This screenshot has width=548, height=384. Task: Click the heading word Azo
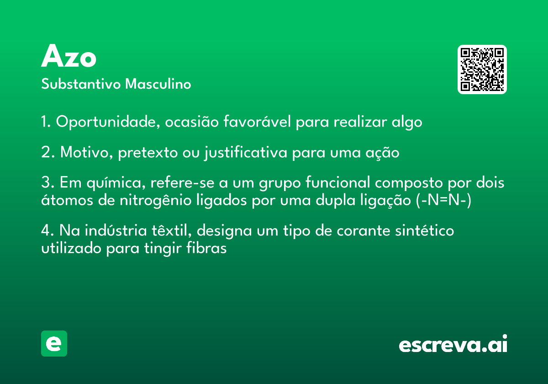pyautogui.click(x=68, y=56)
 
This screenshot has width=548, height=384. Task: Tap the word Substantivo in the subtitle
pyautogui.click(x=81, y=84)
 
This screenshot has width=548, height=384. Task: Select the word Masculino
pyautogui.click(x=158, y=84)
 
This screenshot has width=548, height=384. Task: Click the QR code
pyautogui.click(x=482, y=69)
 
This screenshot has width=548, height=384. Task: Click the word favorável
pyautogui.click(x=257, y=122)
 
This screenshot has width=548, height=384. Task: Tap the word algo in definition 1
pyautogui.click(x=407, y=122)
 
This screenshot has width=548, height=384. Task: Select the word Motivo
pyautogui.click(x=86, y=152)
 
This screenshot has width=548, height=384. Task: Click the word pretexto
pyautogui.click(x=148, y=153)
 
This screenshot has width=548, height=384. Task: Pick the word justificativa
pyautogui.click(x=246, y=152)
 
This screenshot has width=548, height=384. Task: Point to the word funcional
pyautogui.click(x=337, y=182)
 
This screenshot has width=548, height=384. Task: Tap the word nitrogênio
pyautogui.click(x=155, y=200)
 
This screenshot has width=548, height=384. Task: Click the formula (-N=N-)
pyautogui.click(x=443, y=200)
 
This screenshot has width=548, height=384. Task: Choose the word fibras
pyautogui.click(x=206, y=248)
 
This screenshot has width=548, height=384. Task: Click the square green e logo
pyautogui.click(x=54, y=343)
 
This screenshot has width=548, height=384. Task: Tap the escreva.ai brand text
pyautogui.click(x=453, y=344)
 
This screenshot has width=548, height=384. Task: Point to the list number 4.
pyautogui.click(x=47, y=230)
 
